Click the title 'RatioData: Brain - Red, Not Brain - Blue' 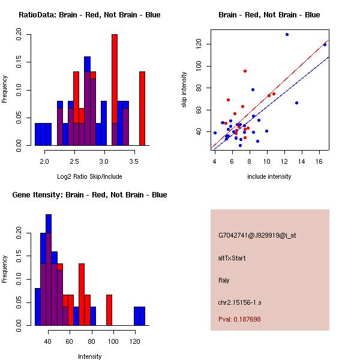pyautogui.click(x=89, y=15)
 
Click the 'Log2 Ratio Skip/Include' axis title pyautogui.click(x=89, y=176)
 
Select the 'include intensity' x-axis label pyautogui.click(x=269, y=176)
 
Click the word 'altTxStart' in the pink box pyautogui.click(x=232, y=258)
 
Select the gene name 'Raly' pyautogui.click(x=224, y=280)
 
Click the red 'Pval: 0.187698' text pyautogui.click(x=239, y=319)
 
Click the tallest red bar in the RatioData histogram pyautogui.click(x=115, y=90)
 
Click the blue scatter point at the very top pyautogui.click(x=287, y=34)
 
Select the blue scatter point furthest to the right pyautogui.click(x=325, y=44)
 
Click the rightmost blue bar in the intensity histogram pyautogui.click(x=142, y=316)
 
